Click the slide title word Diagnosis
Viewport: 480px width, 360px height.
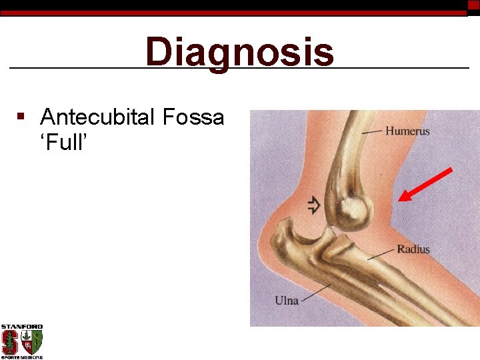click(x=239, y=52)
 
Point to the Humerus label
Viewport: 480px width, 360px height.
click(x=407, y=131)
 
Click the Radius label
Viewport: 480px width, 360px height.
click(x=413, y=249)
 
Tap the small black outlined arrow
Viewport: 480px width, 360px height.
click(x=313, y=205)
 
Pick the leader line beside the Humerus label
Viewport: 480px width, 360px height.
click(x=372, y=133)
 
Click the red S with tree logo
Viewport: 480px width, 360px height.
click(x=10, y=342)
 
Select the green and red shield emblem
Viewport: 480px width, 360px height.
click(x=32, y=341)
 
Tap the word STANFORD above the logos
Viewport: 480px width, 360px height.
click(x=21, y=327)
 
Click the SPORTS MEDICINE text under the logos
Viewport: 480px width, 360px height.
click(x=21, y=357)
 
